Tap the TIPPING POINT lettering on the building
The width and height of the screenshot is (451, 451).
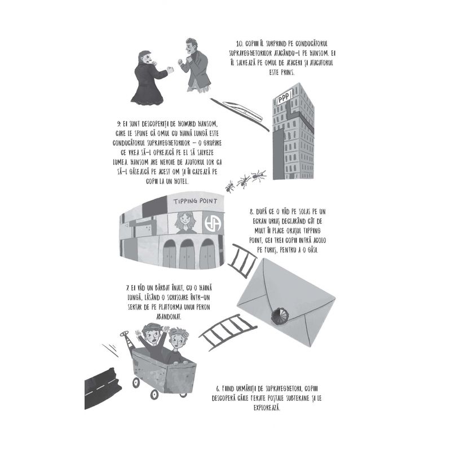(x=196, y=201)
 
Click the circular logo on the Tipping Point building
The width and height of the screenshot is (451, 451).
(x=213, y=223)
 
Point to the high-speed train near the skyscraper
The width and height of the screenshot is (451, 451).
(x=242, y=109)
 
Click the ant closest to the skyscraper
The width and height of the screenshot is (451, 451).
(x=259, y=175)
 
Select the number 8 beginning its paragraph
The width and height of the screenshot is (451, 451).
(x=251, y=213)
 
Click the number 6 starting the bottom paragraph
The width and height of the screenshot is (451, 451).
(x=218, y=389)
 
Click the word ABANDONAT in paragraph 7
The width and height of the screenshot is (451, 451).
(x=169, y=317)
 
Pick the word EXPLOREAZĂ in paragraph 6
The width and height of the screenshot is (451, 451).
(x=267, y=408)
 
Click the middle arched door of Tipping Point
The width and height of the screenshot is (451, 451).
(x=187, y=254)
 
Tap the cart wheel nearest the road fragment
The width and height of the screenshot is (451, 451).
(x=136, y=383)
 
